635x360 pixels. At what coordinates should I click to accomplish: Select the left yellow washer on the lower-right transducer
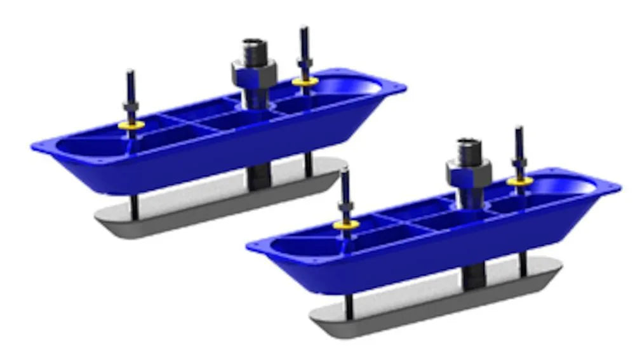[346, 225]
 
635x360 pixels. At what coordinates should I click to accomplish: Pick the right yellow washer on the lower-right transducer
[519, 182]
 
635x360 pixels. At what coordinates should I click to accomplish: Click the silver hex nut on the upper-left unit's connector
[253, 76]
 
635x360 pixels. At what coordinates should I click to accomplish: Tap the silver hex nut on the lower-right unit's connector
[468, 171]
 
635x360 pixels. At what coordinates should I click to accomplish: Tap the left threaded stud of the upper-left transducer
[130, 89]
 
